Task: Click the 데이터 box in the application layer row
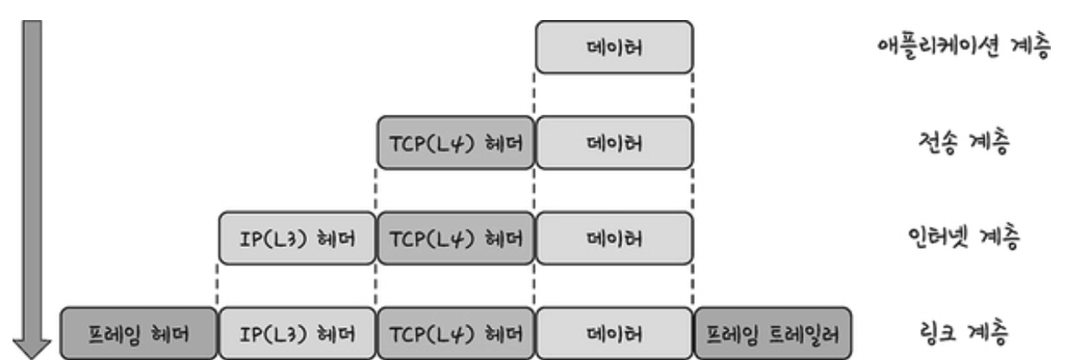click(x=614, y=47)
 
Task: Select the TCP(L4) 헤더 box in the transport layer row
click(x=455, y=142)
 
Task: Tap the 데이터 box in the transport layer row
click(x=614, y=142)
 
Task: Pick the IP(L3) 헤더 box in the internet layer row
click(x=297, y=239)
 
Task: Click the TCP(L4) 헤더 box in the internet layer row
click(x=455, y=239)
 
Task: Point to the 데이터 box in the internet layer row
click(x=614, y=239)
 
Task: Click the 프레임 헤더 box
click(x=138, y=333)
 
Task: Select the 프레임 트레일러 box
click(x=773, y=333)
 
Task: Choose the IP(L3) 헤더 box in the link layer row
click(x=297, y=333)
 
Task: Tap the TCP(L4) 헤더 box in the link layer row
click(x=455, y=333)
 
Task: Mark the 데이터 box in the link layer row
click(x=614, y=333)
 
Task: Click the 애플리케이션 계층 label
click(x=964, y=47)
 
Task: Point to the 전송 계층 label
click(x=964, y=141)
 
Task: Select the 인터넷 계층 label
click(x=964, y=237)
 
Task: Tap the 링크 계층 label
click(x=964, y=332)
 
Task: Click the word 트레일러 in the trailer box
click(x=805, y=334)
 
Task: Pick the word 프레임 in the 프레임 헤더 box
click(x=114, y=334)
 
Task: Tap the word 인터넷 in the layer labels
click(x=938, y=237)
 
